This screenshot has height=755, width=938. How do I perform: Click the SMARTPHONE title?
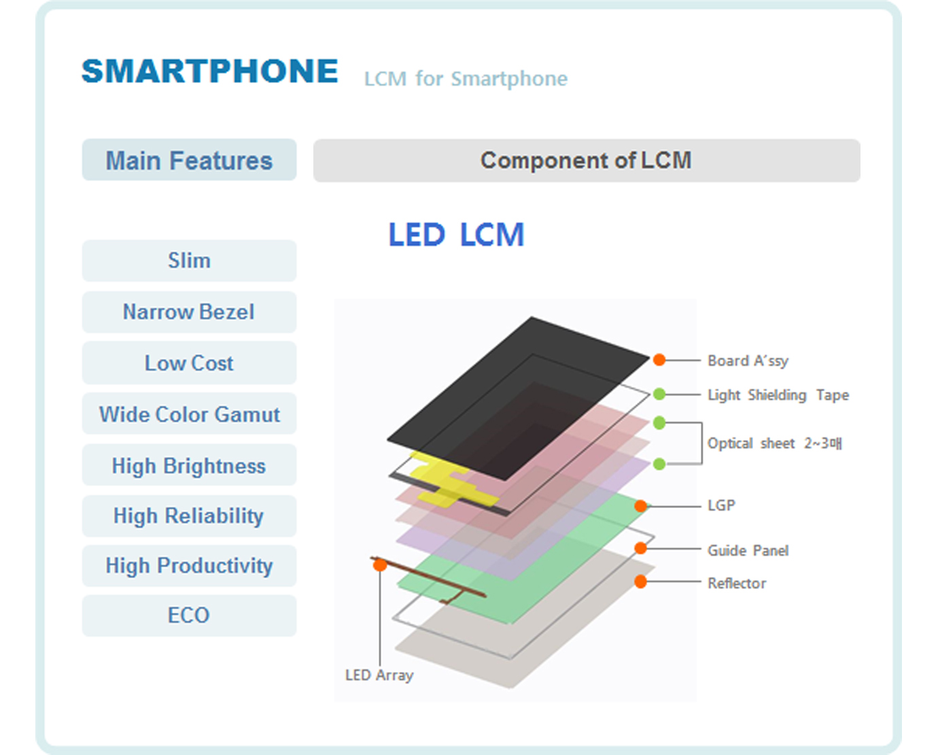[209, 71]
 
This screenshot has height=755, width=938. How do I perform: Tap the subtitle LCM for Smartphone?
[466, 79]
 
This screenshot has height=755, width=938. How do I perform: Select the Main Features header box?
[189, 160]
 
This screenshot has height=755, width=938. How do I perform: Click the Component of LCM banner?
[587, 160]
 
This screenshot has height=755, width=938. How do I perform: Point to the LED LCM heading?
[456, 235]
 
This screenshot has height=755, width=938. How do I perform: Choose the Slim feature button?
[189, 261]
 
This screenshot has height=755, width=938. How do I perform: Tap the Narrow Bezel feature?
[189, 312]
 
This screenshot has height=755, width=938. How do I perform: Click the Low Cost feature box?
[189, 363]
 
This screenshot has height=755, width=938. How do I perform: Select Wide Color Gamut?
[189, 414]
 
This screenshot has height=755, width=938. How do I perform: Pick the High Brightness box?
[189, 465]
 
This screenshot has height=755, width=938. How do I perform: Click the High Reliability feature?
[189, 516]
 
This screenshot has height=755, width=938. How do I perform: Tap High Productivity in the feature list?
[189, 566]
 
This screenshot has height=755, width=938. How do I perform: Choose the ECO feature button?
[189, 616]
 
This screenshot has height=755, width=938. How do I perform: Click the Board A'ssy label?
[748, 360]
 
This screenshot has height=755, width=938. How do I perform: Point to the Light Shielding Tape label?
[778, 395]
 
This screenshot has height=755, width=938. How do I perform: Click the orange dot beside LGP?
[640, 506]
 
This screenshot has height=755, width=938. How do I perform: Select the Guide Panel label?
[748, 550]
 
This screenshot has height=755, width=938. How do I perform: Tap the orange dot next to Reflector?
[640, 582]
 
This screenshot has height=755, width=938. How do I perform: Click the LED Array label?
[379, 675]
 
